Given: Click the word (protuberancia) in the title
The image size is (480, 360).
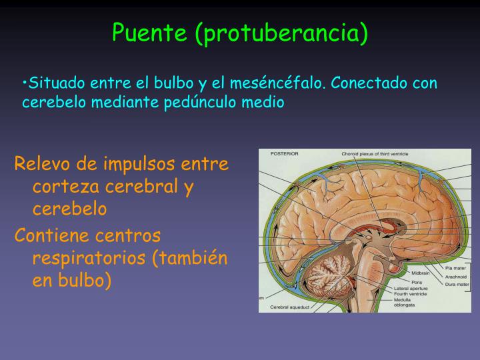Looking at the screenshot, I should tap(281, 32).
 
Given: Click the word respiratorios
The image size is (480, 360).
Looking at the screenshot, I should tap(88, 258).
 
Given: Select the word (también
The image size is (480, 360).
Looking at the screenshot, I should tap(191, 258).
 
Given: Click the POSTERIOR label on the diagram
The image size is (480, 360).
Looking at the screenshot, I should tap(284, 153).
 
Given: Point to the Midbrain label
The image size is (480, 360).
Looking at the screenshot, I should tap(421, 273).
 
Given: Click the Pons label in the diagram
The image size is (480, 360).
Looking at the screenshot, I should tap(417, 281).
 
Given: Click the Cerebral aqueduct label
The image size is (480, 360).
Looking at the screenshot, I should tap(289, 308).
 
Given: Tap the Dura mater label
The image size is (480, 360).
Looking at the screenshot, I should tap(457, 285).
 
